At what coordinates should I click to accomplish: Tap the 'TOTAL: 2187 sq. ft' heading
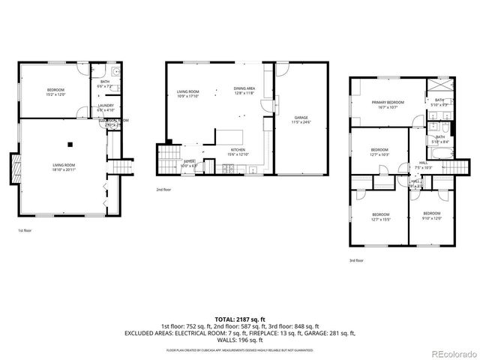240,319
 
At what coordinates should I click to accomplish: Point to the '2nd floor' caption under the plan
163,190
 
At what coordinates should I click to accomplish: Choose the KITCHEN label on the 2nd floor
238,151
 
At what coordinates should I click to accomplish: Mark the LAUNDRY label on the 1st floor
105,106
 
